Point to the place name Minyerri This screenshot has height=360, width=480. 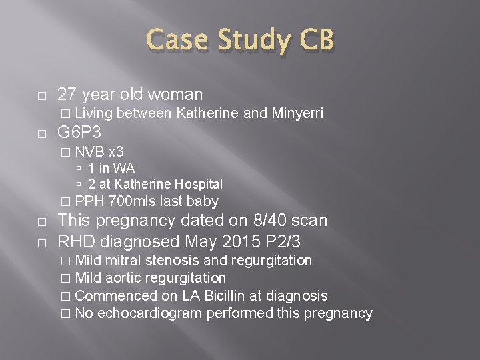pyautogui.click(x=297, y=114)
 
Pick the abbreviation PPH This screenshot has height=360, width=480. pyautogui.click(x=89, y=201)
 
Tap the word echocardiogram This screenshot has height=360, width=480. pyautogui.click(x=150, y=312)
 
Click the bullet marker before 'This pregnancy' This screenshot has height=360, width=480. pyautogui.click(x=42, y=220)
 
